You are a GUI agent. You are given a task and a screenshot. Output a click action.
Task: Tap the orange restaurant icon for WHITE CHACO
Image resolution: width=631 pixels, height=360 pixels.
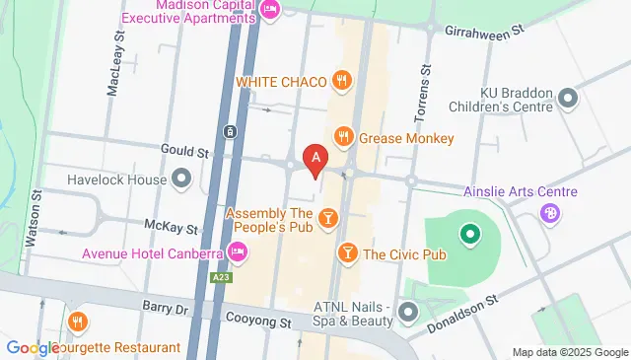coord(342,81)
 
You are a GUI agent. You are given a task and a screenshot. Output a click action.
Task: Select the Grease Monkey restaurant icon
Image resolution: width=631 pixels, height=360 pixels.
coord(344,138)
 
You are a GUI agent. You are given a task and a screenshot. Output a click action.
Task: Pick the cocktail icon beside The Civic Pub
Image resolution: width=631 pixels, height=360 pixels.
coord(347,253)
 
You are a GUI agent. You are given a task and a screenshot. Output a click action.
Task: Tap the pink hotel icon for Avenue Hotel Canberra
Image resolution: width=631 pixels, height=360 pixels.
coord(237,253)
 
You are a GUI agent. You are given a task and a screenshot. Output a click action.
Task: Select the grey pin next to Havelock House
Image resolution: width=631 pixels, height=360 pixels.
coord(180,179)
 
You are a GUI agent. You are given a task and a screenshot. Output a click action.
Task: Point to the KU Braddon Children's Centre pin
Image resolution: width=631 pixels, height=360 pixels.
coord(567,98)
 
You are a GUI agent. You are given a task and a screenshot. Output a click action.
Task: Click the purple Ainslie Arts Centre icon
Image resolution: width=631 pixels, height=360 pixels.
coord(550,211)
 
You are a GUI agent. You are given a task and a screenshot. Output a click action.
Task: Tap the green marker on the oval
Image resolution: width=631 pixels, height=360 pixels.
coord(470,234)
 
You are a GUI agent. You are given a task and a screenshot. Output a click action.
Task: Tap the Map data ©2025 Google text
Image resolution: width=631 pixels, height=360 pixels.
coord(570,352)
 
